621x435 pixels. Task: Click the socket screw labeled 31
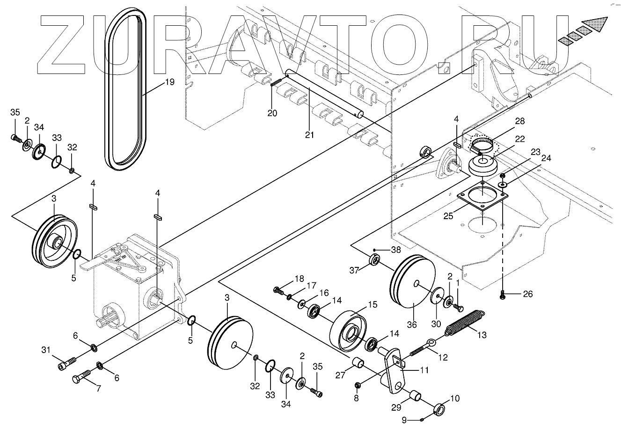click(x=68, y=364)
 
